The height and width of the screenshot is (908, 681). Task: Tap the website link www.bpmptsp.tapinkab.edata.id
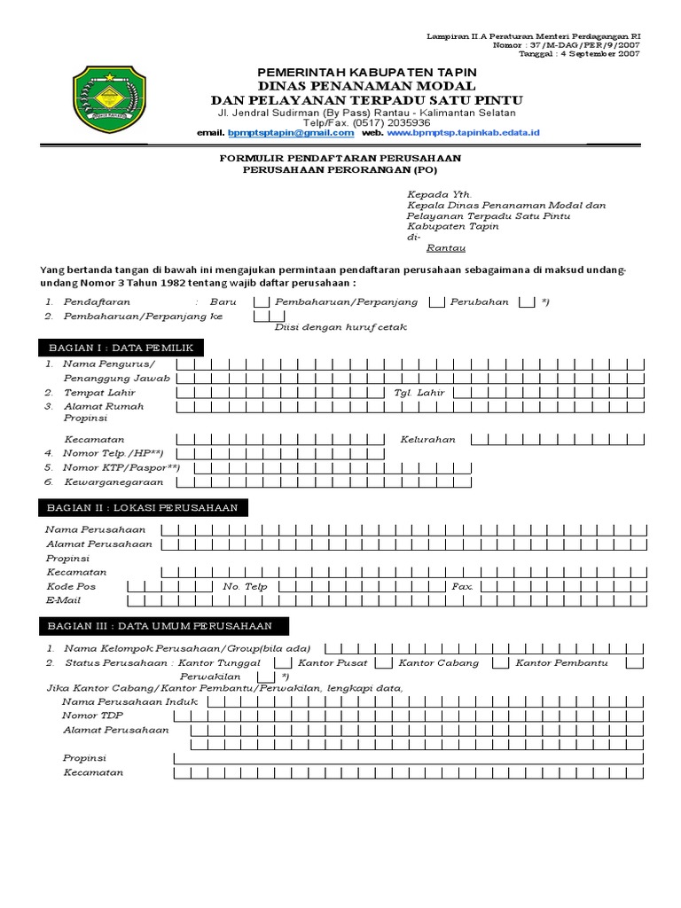[462, 133]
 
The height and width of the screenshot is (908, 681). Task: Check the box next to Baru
[262, 302]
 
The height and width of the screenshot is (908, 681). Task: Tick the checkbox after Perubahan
[527, 302]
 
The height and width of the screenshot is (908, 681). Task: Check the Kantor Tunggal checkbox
[281, 663]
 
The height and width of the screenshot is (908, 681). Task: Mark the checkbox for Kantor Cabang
[500, 663]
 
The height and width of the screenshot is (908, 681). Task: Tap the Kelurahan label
[427, 439]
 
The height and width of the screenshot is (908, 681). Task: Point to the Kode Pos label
[71, 587]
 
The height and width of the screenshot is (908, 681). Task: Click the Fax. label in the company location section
[463, 587]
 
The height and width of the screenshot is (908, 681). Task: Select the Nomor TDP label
[93, 716]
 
